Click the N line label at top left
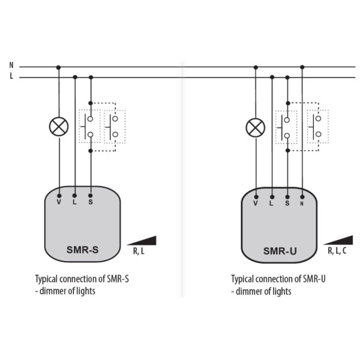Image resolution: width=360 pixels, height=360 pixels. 11,64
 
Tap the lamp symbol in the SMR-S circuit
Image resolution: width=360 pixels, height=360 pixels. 58,126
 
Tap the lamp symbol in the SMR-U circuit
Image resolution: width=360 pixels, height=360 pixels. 256,127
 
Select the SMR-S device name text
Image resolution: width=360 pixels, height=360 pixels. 82,250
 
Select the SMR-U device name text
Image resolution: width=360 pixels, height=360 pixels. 280,251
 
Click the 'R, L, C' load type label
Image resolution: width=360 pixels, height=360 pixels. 337,251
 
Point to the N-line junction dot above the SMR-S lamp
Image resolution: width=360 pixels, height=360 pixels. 58,67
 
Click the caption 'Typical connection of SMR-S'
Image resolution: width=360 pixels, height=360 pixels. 82,279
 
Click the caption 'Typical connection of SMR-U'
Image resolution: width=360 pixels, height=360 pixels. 278,279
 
